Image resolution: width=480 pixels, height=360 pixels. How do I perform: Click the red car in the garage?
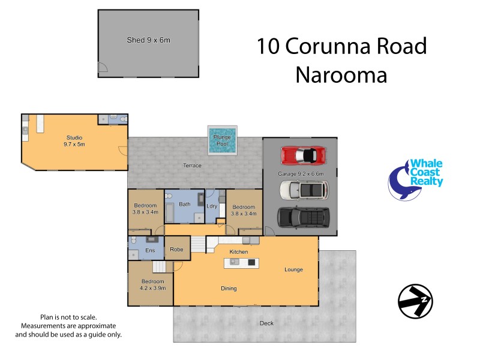(x=304, y=155)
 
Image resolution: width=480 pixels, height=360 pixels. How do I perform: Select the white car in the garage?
(x=304, y=190)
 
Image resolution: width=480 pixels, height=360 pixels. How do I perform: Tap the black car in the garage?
(x=303, y=217)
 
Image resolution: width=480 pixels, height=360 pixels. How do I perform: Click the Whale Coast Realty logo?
(x=416, y=179)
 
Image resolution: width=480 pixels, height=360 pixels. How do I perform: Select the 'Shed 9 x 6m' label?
(x=148, y=40)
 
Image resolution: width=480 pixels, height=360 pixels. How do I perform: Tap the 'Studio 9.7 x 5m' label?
(x=74, y=141)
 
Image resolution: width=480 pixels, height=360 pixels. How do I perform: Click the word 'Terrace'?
(x=192, y=165)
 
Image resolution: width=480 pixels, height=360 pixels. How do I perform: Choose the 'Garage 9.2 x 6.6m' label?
(x=301, y=174)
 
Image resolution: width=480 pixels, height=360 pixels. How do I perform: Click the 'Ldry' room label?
(x=212, y=206)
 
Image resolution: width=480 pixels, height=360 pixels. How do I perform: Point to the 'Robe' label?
(x=176, y=249)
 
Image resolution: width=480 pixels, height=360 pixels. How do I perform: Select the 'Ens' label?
(x=150, y=250)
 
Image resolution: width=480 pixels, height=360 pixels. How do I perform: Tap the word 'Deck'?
(x=266, y=323)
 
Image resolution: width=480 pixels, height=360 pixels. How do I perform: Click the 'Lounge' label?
(x=293, y=269)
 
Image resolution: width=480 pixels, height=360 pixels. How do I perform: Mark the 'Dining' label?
(x=228, y=289)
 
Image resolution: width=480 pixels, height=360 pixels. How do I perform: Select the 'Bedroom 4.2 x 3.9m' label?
(x=153, y=284)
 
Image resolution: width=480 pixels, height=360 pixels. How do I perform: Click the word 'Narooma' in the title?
(x=341, y=75)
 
